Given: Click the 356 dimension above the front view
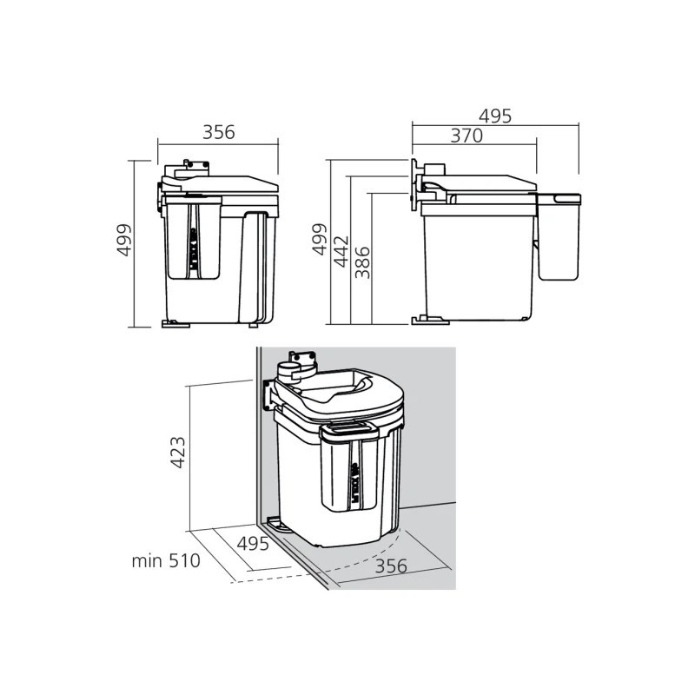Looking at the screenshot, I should click(x=218, y=132).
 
